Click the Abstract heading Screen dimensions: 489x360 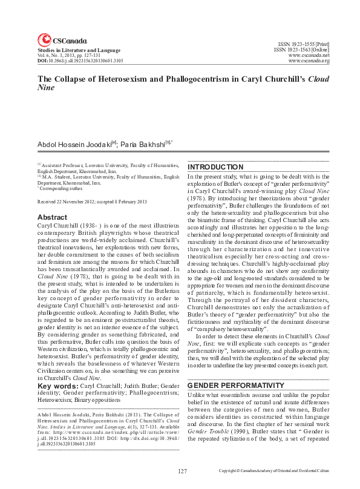pyautogui.click(x=52, y=217)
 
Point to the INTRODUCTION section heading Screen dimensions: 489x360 pyautogui.click(x=215, y=167)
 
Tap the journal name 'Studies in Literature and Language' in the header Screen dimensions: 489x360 pyautogui.click(x=71, y=49)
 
